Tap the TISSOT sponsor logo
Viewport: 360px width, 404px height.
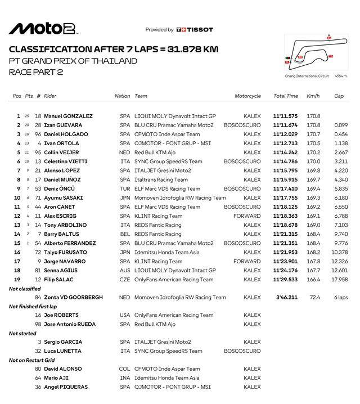[x=195, y=30]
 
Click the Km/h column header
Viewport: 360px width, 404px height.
[x=313, y=96]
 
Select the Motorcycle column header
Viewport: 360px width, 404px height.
[x=247, y=96]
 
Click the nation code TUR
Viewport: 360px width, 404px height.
[x=124, y=188]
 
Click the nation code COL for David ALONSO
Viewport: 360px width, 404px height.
[x=124, y=369]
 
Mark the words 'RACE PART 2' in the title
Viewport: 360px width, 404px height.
[x=33, y=71]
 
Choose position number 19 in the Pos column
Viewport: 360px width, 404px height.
[x=18, y=280]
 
